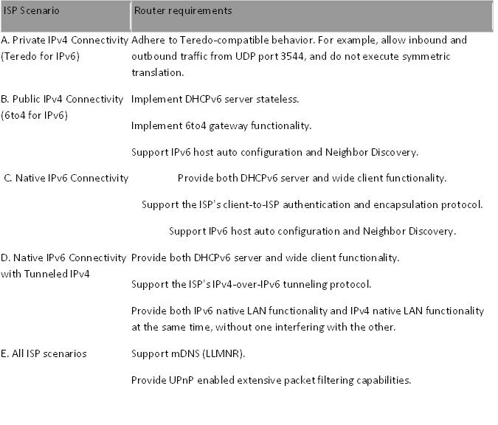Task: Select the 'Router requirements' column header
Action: click(182, 11)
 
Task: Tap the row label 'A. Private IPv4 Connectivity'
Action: click(65, 39)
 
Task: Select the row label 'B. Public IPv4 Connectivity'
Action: click(63, 99)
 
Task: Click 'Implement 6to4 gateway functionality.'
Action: click(221, 126)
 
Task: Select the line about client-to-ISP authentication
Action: click(312, 204)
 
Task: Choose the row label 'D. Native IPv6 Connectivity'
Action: click(65, 258)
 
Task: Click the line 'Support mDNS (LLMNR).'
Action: click(187, 353)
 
